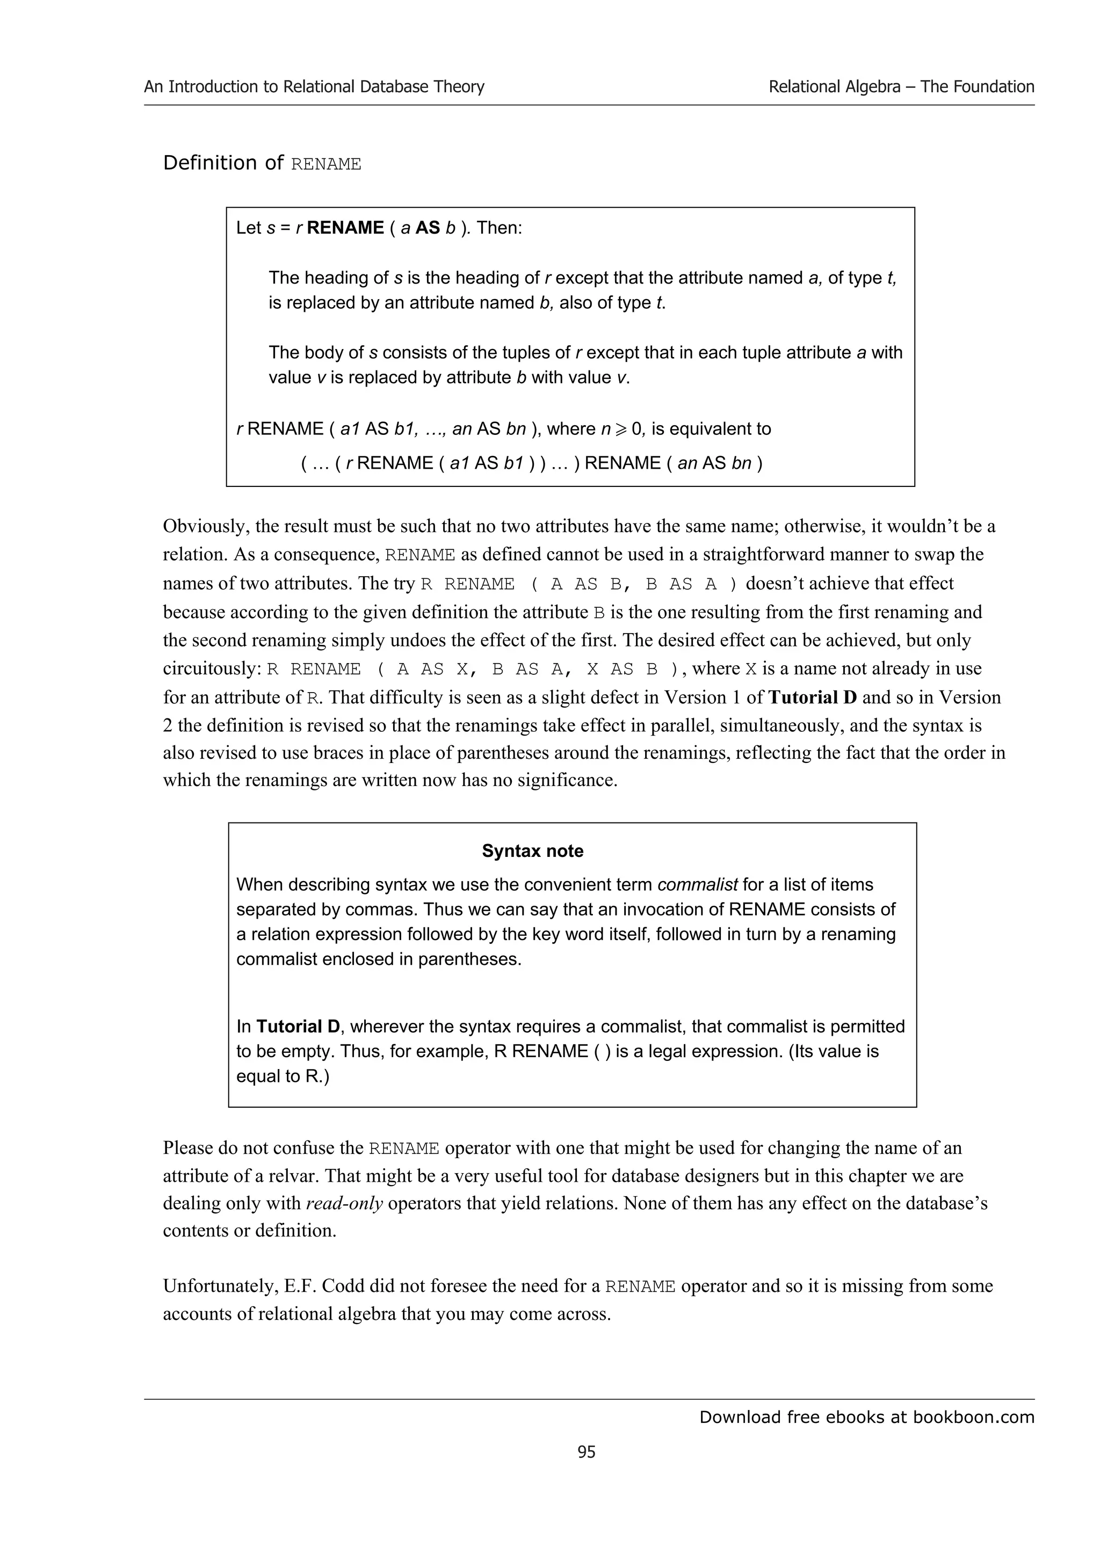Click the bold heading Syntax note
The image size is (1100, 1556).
(x=532, y=850)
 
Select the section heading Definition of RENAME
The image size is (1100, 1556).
(x=262, y=163)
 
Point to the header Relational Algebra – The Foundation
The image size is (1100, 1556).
(x=901, y=87)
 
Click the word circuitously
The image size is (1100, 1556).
(x=212, y=669)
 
